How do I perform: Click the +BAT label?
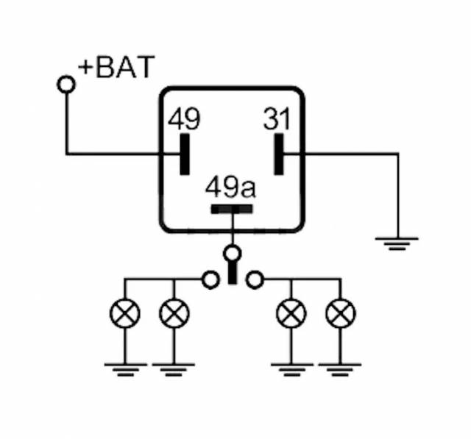pos(118,68)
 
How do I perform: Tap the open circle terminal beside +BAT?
pos(66,85)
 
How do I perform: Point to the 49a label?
pos(230,187)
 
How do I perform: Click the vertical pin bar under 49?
pos(184,154)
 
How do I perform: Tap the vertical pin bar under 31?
pos(279,154)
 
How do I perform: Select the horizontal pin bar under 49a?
pos(232,209)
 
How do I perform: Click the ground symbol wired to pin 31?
pos(397,243)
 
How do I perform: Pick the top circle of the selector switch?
pos(233,254)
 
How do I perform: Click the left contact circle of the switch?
pos(210,279)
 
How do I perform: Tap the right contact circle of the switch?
pos(255,279)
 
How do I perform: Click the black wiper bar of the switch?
pos(233,274)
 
